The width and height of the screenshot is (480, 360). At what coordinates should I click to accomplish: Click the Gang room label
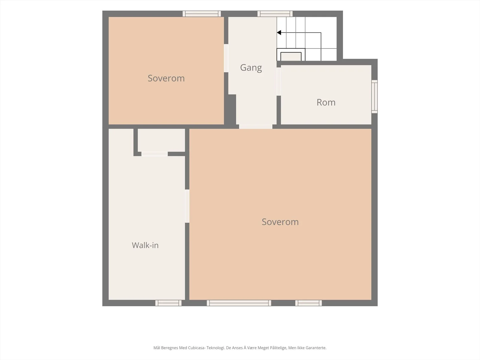click(251, 68)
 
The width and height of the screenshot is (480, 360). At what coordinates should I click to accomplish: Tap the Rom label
click(326, 102)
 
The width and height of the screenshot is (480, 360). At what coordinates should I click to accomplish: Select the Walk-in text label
click(145, 245)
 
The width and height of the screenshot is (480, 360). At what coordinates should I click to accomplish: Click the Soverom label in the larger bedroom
click(280, 222)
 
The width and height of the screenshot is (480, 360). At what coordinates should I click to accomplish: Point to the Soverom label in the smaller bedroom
click(166, 78)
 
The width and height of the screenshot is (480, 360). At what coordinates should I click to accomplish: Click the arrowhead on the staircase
click(279, 33)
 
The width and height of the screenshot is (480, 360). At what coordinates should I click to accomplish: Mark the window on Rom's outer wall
click(375, 96)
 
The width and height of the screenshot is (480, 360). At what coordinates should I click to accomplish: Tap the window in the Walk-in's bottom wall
click(168, 303)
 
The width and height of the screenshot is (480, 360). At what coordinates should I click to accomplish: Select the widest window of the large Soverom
click(239, 303)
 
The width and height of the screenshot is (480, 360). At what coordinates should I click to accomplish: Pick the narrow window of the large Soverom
click(309, 303)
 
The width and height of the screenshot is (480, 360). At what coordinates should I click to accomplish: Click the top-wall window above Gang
click(275, 14)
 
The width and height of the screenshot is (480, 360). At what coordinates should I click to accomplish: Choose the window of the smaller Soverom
click(202, 14)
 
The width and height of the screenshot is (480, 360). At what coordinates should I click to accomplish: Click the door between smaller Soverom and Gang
click(226, 58)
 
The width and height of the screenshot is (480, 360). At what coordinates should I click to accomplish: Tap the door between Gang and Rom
click(279, 82)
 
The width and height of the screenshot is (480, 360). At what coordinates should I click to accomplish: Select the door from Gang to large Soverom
click(256, 127)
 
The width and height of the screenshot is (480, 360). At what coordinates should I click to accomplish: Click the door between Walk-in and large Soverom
click(187, 206)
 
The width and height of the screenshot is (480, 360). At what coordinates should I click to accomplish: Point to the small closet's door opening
click(154, 154)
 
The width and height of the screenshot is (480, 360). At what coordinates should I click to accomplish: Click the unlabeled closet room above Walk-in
click(161, 140)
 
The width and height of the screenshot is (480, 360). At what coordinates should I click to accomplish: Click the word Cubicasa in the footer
click(196, 348)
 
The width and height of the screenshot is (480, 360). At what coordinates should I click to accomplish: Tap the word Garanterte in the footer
click(315, 348)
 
